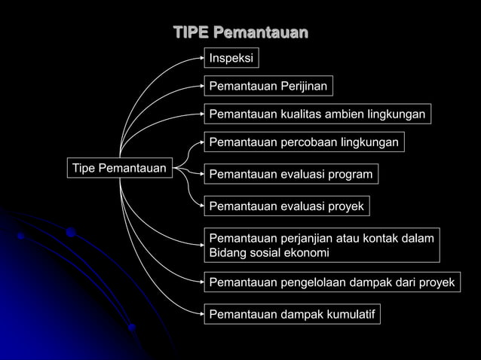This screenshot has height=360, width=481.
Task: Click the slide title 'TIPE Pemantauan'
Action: tap(240, 33)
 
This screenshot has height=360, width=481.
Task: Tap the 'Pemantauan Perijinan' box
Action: tap(268, 87)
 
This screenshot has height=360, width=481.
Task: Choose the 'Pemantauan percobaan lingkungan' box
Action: tap(304, 142)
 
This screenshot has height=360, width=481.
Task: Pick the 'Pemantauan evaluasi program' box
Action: tap(291, 175)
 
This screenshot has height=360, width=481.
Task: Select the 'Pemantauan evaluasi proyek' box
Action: tap(286, 206)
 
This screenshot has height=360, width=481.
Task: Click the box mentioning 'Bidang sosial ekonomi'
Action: tap(322, 246)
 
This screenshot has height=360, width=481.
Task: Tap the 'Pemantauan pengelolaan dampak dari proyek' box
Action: tap(332, 283)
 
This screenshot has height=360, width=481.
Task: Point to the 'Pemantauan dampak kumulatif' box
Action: tap(292, 313)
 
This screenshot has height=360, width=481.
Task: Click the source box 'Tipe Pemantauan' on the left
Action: tap(119, 167)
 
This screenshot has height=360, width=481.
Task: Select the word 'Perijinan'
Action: tap(301, 87)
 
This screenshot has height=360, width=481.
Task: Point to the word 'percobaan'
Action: tap(309, 142)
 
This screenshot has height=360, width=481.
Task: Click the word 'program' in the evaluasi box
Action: tap(348, 175)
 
